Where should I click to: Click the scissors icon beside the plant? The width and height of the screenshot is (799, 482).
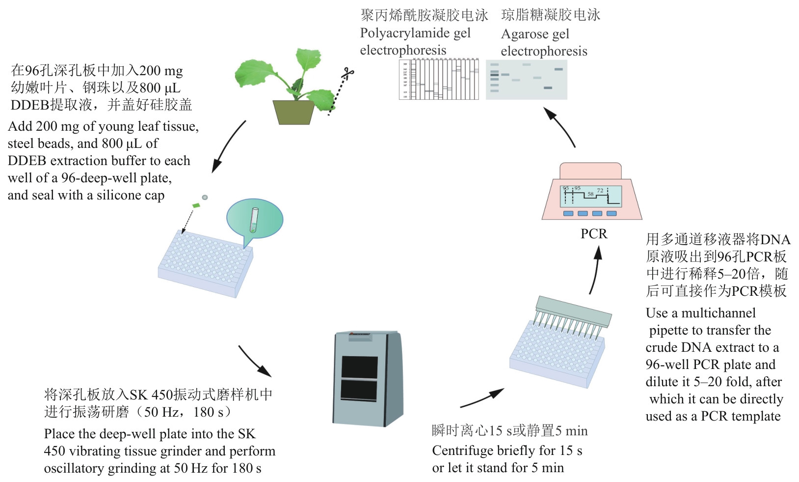click(348, 74)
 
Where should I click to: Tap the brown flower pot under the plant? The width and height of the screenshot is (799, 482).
click(293, 112)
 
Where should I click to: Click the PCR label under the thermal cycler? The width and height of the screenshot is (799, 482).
click(594, 233)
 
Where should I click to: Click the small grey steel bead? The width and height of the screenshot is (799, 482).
click(205, 198)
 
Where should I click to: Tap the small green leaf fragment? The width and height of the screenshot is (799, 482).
click(196, 205)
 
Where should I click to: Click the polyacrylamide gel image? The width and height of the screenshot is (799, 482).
click(439, 79)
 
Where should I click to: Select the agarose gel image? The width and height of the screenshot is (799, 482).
click(526, 80)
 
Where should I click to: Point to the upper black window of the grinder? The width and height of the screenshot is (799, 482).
click(359, 367)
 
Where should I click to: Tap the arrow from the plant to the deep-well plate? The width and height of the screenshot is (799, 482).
click(228, 147)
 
